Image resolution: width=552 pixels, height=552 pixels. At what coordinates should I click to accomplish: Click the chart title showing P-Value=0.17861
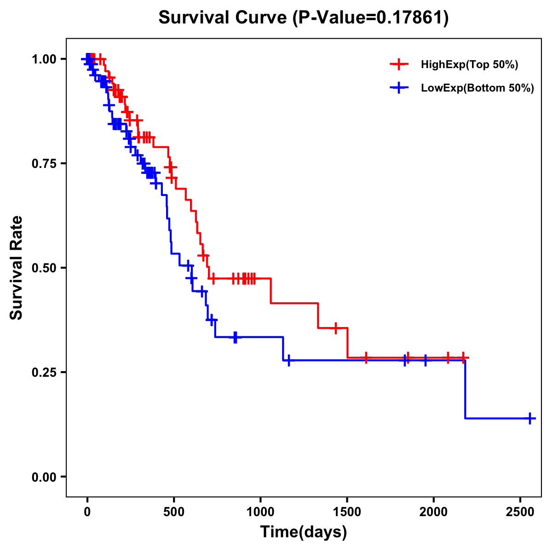[304, 18]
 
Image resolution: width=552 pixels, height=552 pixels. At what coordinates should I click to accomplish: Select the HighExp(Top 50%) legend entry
[469, 65]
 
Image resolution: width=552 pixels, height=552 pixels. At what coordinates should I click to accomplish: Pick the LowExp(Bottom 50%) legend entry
[477, 88]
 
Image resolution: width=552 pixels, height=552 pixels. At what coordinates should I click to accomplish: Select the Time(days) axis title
[304, 532]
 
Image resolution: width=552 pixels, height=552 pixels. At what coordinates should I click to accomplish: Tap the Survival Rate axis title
[17, 268]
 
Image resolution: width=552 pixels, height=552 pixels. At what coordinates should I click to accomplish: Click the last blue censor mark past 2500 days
[530, 418]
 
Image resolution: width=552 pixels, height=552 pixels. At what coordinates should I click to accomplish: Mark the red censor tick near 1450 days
[336, 328]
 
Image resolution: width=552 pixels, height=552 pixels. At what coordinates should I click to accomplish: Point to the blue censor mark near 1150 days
[288, 360]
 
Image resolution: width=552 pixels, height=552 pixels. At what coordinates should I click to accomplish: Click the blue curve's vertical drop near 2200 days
[465, 389]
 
